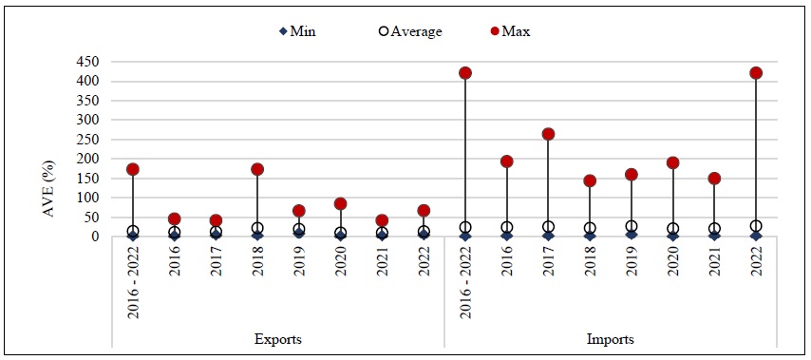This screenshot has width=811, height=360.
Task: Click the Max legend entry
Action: [x=510, y=31]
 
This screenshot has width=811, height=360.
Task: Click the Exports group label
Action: [x=277, y=338]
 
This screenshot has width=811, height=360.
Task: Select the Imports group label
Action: [x=610, y=338]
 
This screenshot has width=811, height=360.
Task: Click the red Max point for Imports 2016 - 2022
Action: [x=465, y=73]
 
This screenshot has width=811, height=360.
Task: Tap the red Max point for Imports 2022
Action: [x=756, y=73]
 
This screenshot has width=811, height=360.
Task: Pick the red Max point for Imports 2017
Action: [x=548, y=134]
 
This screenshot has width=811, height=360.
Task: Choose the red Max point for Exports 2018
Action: [x=257, y=169]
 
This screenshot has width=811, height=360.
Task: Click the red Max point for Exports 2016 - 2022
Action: [x=133, y=169]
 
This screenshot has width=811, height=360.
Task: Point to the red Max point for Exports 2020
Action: [x=341, y=203]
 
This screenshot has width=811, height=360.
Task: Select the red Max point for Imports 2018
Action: [x=590, y=180]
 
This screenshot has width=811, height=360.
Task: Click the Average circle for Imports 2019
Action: [x=632, y=227]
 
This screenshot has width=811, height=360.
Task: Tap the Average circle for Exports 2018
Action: [x=257, y=228]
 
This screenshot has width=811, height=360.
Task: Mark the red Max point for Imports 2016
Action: [x=507, y=161]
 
